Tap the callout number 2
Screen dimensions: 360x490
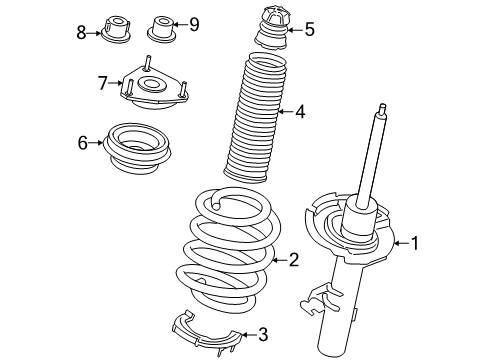292,261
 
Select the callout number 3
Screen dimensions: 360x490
263,334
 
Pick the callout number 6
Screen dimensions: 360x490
83,144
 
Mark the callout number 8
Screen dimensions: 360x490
82,32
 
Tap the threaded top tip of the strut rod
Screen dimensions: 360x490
381,108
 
